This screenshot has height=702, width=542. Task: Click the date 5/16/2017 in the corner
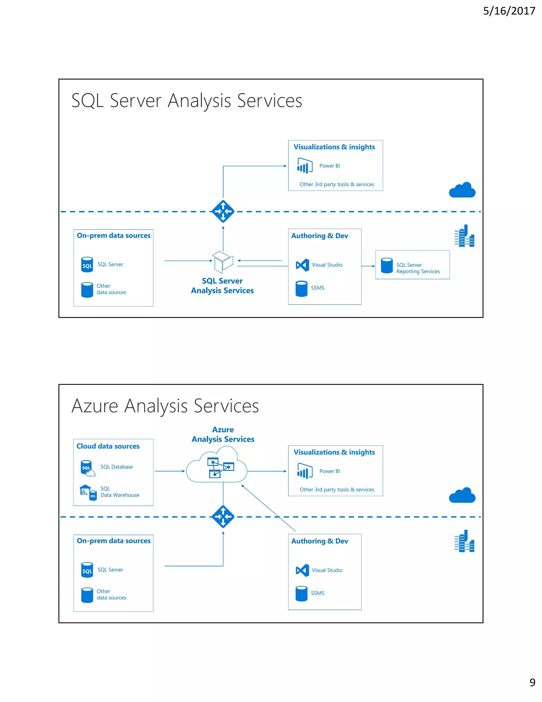click(x=509, y=11)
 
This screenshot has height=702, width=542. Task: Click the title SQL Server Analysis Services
click(x=187, y=100)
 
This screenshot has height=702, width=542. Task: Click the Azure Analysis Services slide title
click(x=165, y=406)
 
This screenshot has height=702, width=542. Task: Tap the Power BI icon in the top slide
click(x=305, y=166)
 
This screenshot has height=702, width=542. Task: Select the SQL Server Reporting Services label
click(x=418, y=268)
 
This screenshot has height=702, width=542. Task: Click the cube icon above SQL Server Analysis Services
click(x=223, y=262)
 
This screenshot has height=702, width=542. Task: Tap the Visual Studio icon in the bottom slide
click(x=302, y=570)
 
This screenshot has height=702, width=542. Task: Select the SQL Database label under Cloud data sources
click(x=116, y=467)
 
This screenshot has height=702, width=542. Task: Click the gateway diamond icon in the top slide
click(x=223, y=211)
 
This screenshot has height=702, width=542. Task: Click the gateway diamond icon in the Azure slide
click(x=223, y=517)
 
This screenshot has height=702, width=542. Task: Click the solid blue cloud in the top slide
click(x=462, y=190)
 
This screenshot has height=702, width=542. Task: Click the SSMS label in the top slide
click(x=317, y=288)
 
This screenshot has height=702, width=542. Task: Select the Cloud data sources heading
click(x=108, y=446)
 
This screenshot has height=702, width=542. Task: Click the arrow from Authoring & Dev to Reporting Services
click(x=368, y=266)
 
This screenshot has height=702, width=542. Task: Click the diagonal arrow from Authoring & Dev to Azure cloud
click(x=268, y=508)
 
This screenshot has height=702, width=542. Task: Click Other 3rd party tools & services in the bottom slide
click(x=337, y=490)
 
